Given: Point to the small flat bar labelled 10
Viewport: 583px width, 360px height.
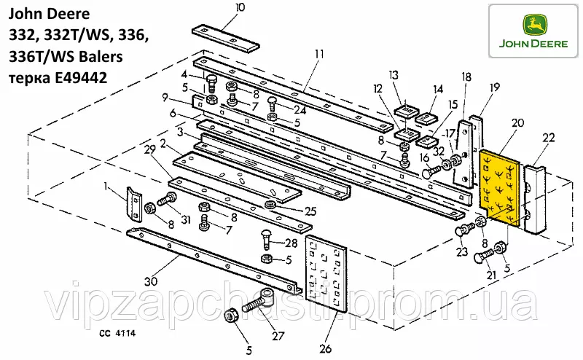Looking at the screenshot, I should pyautogui.click(x=226, y=38).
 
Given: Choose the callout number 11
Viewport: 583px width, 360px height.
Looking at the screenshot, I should pyautogui.click(x=318, y=53).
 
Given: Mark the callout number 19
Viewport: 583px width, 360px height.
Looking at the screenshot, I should pyautogui.click(x=495, y=87).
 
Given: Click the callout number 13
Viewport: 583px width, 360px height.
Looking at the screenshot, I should pyautogui.click(x=394, y=75).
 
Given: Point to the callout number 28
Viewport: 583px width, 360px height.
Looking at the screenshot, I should pyautogui.click(x=292, y=243).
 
